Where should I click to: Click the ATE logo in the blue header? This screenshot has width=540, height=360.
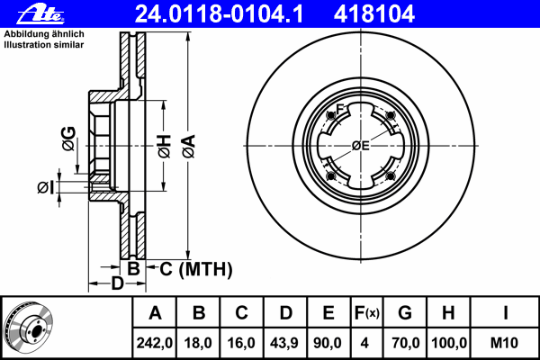[41, 14]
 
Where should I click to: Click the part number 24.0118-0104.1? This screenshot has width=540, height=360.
[219, 14]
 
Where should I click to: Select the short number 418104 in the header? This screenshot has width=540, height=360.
[374, 14]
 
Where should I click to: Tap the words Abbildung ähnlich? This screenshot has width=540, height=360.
[44, 34]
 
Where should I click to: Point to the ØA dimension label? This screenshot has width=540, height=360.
[189, 147]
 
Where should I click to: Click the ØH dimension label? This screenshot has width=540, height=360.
[165, 147]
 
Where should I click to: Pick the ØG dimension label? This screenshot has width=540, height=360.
[68, 139]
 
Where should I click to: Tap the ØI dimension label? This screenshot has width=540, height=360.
[46, 188]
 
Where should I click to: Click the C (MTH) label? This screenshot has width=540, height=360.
[196, 269]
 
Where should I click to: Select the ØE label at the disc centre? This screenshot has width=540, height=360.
[361, 146]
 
